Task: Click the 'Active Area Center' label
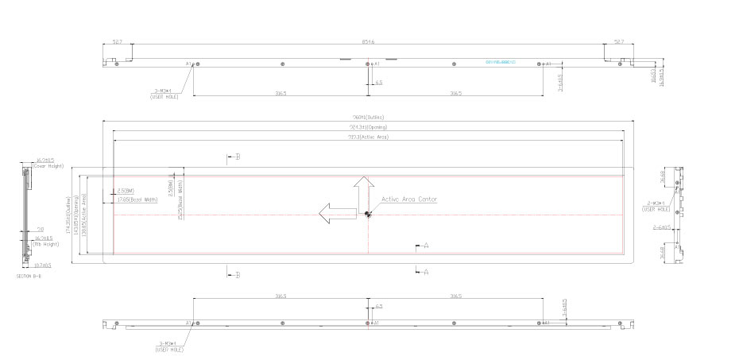409,199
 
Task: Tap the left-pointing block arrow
335,213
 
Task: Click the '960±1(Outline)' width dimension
368,118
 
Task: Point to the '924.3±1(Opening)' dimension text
368,127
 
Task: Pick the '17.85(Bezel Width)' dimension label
137,199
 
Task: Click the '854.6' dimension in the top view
368,41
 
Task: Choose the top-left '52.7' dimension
117,41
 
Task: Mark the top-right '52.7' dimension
618,41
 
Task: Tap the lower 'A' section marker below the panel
424,272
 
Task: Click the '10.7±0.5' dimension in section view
42,265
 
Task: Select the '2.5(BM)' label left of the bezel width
125,191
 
